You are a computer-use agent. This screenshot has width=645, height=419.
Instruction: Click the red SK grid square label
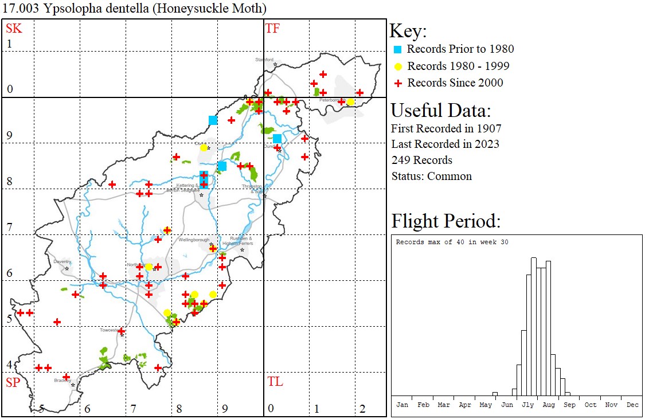coord(14,28)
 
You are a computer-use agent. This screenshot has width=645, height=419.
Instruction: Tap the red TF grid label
coord(272,28)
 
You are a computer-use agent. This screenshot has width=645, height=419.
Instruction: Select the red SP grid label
coord(13,382)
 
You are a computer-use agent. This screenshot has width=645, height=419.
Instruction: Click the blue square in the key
coord(397,49)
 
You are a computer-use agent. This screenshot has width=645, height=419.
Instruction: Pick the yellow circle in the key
coord(397,66)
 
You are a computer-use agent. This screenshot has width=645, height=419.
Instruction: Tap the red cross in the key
coord(397,83)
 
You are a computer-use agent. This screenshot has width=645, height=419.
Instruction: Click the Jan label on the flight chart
coord(402,405)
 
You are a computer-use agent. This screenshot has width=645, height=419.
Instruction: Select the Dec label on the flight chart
coord(632,405)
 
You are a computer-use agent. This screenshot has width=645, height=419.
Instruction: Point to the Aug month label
coord(549,405)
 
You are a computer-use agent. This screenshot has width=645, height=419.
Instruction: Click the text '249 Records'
coord(421,160)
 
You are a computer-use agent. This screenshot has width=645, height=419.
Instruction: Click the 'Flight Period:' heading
coord(445,221)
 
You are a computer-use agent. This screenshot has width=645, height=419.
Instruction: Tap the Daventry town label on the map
coord(62,262)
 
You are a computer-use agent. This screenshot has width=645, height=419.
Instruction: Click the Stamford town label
coord(264,60)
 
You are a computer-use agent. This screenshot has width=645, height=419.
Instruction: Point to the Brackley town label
coord(61,380)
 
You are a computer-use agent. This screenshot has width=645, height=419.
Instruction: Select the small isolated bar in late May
coord(495,394)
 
